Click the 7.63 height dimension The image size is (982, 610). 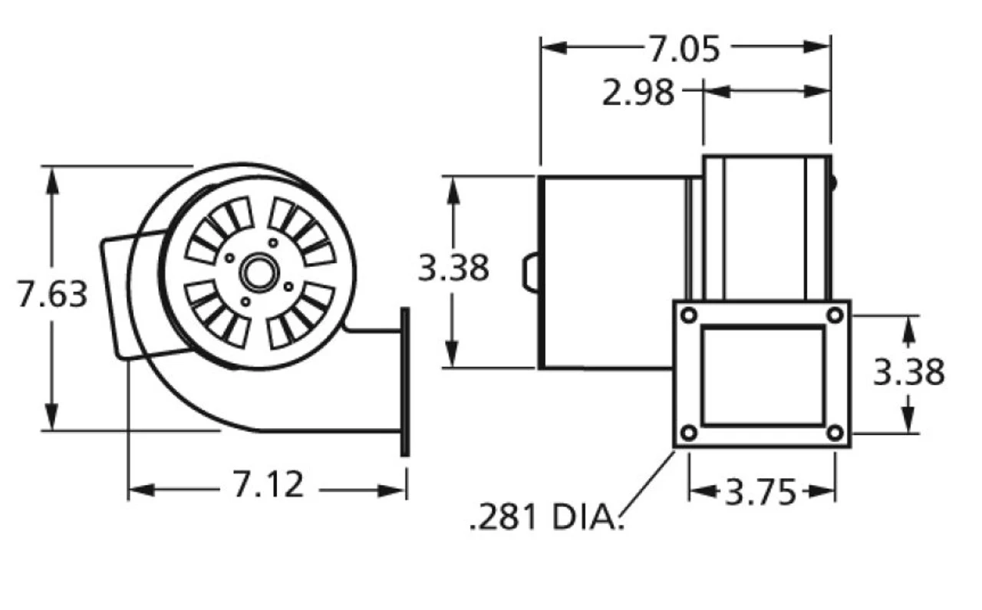pyautogui.click(x=53, y=295)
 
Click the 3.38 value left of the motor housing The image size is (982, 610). pyautogui.click(x=453, y=269)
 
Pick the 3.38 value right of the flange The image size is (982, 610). pyautogui.click(x=908, y=372)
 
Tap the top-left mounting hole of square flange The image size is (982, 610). pyautogui.click(x=689, y=315)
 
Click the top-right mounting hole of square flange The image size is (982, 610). pyautogui.click(x=835, y=315)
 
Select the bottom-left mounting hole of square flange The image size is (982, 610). pyautogui.click(x=689, y=433)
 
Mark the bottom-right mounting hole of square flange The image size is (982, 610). pyautogui.click(x=835, y=433)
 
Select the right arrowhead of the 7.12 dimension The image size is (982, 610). pyautogui.click(x=395, y=490)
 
